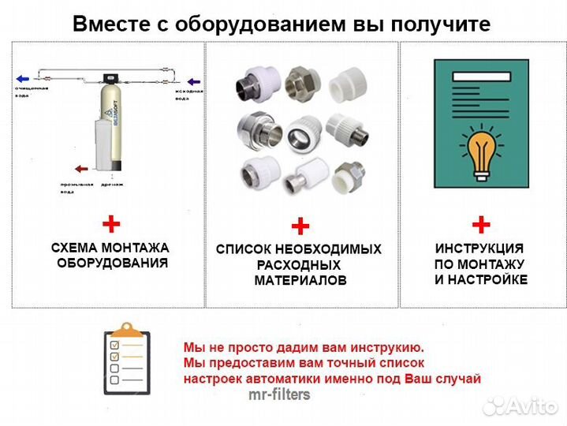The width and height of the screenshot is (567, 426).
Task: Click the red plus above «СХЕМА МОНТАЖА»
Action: pos(111,224)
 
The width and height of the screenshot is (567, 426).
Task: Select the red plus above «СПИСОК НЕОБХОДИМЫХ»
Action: pos(300,227)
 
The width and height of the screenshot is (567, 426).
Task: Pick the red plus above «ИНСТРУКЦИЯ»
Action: pos(481,225)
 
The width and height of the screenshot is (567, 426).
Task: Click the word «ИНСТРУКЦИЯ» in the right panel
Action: pos(480,248)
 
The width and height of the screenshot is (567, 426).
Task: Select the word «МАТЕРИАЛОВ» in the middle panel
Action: pos(300,281)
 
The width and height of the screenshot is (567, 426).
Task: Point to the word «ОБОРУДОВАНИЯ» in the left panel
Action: pos(112,263)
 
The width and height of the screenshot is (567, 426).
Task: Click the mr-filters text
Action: pos(278,394)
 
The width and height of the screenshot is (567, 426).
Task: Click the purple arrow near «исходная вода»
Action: pos(194,81)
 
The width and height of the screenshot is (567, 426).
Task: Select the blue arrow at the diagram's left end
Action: pos(23,79)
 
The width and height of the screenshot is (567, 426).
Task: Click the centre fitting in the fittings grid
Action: pos(300,129)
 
